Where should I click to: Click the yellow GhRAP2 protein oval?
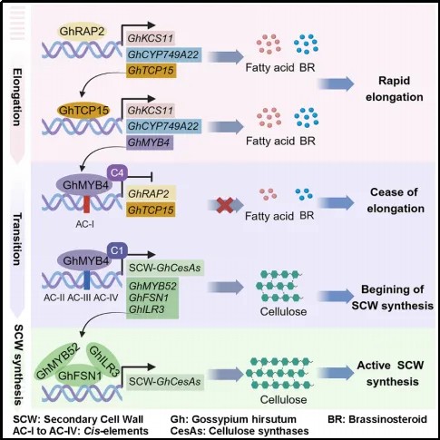click(x=82, y=32)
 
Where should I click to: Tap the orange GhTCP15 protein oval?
click(x=83, y=111)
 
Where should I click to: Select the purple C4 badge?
click(x=117, y=173)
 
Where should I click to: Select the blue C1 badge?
click(x=117, y=250)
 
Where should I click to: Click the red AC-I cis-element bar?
click(x=86, y=204)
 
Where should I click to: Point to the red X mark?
click(x=225, y=205)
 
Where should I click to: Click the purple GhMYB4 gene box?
click(x=150, y=142)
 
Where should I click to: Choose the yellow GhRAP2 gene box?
click(x=151, y=193)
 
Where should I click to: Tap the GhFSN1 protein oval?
click(x=80, y=376)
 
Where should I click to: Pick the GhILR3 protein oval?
click(x=103, y=361)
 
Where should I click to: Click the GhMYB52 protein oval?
click(x=58, y=361)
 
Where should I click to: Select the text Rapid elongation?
click(x=395, y=89)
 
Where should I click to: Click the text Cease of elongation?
click(x=395, y=200)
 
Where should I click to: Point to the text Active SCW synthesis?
click(x=391, y=373)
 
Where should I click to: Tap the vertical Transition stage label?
click(x=17, y=239)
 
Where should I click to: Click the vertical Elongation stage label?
click(x=17, y=97)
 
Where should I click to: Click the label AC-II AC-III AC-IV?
click(x=81, y=298)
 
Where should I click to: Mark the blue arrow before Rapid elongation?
click(x=336, y=83)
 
